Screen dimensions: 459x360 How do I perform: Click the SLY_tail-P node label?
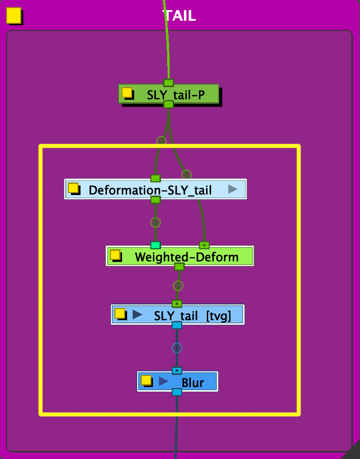coord(176,95)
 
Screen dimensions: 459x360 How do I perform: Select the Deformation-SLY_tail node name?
coord(150,190)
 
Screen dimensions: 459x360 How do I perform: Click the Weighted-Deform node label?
coord(186,257)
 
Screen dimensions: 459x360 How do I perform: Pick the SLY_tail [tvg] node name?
coord(192,316)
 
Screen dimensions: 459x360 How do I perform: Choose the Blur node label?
coord(192,382)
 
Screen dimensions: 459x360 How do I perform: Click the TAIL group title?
coord(180,16)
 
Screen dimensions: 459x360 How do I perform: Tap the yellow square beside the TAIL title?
coord(14,15)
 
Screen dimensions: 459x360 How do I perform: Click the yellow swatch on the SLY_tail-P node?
coord(127,93)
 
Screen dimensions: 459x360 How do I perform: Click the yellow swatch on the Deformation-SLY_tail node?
coord(73,188)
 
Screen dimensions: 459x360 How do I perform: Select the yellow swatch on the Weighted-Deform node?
coord(115,254)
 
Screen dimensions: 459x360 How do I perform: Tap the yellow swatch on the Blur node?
coord(146,379)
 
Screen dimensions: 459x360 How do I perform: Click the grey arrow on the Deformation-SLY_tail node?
coord(233,189)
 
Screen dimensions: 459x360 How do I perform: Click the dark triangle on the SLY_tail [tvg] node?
coord(137,315)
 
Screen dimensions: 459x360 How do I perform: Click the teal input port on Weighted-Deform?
coord(155,245)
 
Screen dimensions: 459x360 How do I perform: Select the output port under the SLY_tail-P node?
coord(169,104)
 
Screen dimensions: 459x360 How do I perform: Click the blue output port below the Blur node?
coord(177,392)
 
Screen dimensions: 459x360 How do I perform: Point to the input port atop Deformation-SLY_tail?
coord(155,178)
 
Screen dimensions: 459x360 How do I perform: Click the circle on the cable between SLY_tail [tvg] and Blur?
coord(177,348)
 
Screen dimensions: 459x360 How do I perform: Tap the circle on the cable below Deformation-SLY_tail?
coord(155,222)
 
